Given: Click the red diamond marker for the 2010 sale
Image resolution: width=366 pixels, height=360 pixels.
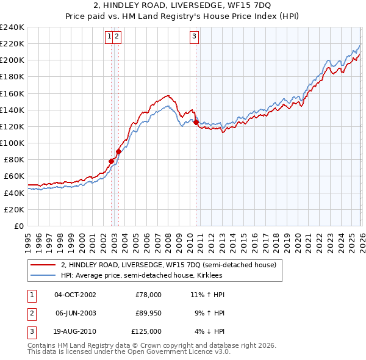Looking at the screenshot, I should point(196,123).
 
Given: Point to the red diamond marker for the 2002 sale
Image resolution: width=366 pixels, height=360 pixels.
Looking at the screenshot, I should point(112,161).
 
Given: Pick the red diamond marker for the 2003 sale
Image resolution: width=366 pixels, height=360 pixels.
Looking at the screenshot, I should point(118,151).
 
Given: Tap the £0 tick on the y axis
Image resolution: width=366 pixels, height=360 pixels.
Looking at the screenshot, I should point(18,226).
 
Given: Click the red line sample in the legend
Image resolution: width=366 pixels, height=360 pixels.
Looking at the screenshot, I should point(43,265).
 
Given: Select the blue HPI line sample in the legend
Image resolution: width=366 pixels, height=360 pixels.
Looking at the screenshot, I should point(43,275).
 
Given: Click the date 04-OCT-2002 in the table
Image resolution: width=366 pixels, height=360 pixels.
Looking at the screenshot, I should point(75,294).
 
